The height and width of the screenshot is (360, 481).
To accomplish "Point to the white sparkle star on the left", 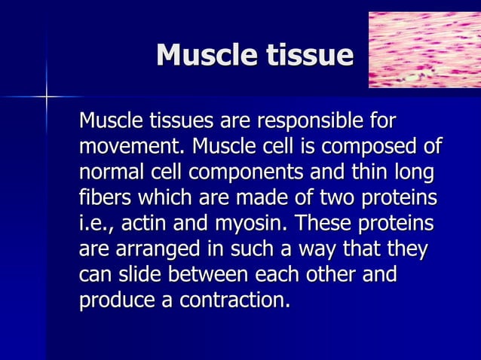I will pyautogui.click(x=46, y=96).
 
